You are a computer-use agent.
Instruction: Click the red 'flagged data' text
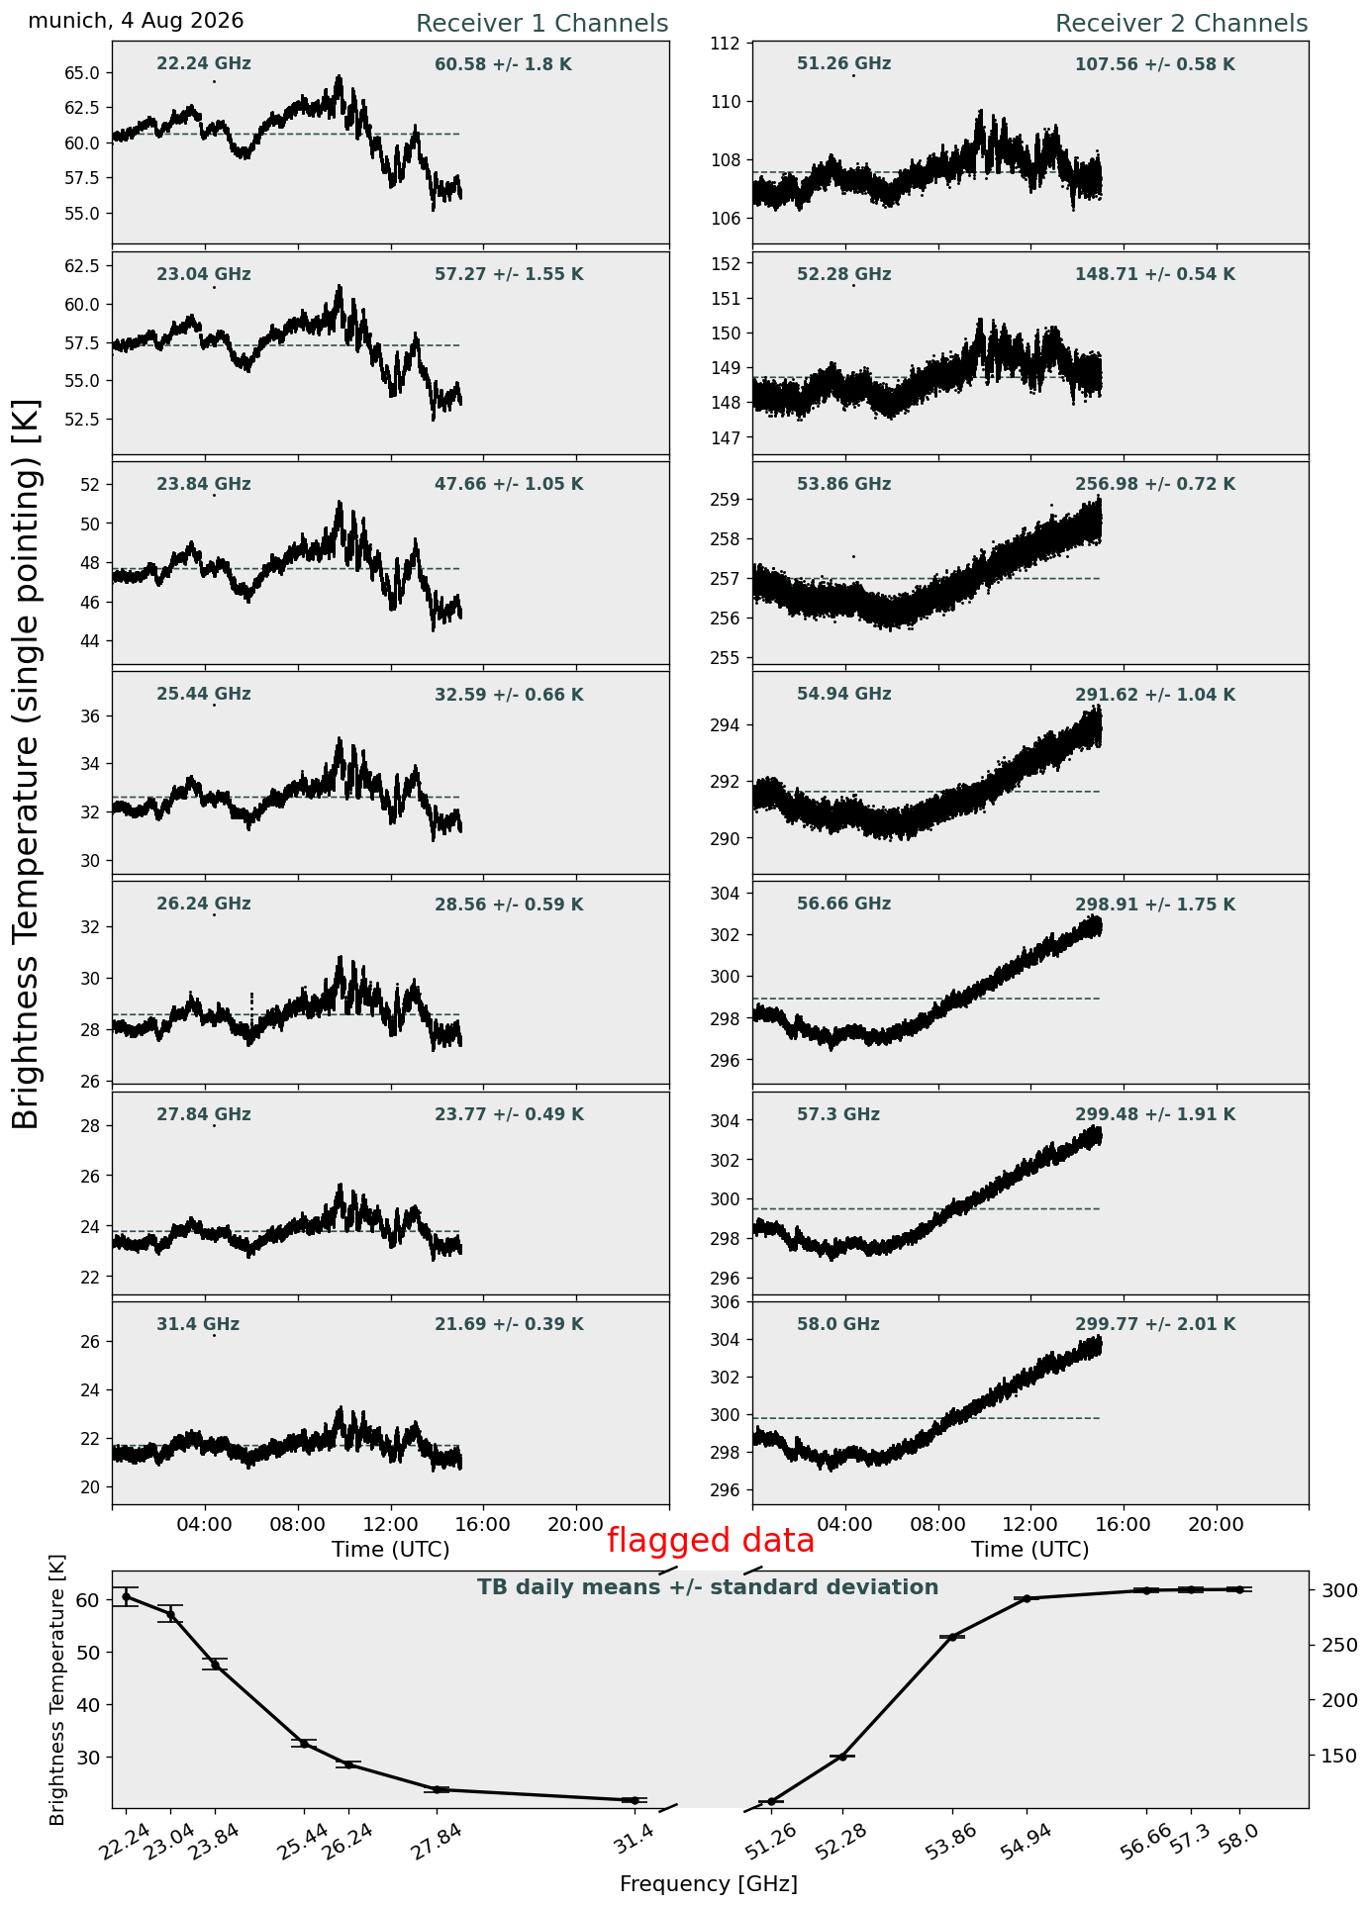[711, 1541]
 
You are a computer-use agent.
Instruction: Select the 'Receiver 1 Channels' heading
[541, 24]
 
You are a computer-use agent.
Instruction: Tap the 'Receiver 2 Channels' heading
[1182, 24]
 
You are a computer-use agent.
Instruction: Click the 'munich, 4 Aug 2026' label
[136, 21]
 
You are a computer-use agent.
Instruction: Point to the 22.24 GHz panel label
[204, 64]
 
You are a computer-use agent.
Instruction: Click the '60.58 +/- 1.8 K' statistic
[503, 65]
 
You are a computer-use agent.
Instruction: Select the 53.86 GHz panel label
[843, 484]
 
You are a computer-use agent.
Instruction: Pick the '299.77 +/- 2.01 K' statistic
[1155, 1324]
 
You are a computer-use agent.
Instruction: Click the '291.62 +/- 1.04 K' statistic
[1155, 695]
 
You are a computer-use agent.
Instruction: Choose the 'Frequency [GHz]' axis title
[709, 1883]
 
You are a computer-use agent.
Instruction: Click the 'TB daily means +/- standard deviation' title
[708, 1587]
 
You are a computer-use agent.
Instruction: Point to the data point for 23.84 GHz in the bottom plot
[215, 1665]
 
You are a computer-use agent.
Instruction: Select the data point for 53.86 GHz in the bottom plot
[953, 1637]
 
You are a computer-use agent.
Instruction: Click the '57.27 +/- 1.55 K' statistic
[509, 275]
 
